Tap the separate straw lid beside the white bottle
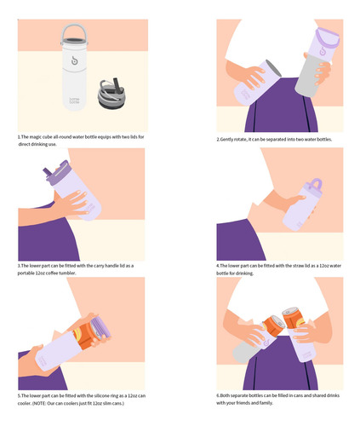point(111,93)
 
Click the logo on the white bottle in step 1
point(74,60)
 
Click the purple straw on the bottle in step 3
point(48,172)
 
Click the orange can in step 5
point(88,334)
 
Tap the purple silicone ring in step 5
point(102,326)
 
